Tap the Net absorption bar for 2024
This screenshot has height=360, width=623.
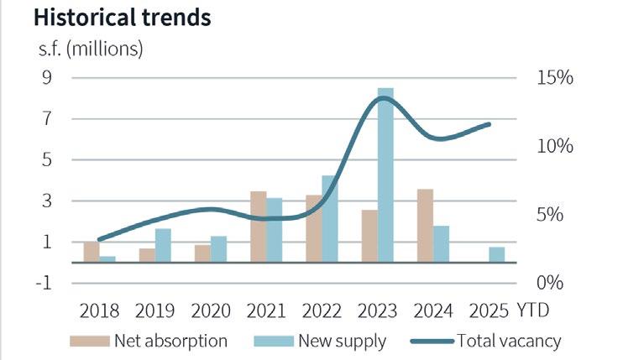pyautogui.click(x=425, y=226)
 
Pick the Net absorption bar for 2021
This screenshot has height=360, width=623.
pyautogui.click(x=258, y=227)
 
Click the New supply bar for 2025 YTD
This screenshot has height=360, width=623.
pyautogui.click(x=497, y=254)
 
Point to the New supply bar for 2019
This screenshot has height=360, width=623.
pyautogui.click(x=163, y=245)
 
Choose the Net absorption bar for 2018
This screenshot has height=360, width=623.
pyautogui.click(x=91, y=252)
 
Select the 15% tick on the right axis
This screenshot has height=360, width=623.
pyautogui.click(x=552, y=78)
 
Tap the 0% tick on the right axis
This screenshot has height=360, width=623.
pyautogui.click(x=552, y=283)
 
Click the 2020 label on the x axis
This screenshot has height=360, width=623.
pyautogui.click(x=211, y=310)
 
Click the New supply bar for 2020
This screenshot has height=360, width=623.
pyautogui.click(x=218, y=249)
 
